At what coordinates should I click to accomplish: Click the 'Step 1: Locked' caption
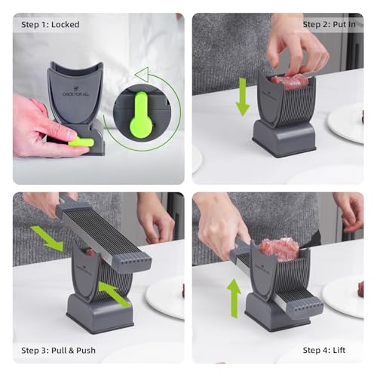pyautogui.click(x=51, y=25)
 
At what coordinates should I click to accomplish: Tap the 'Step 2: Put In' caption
pyautogui.click(x=329, y=25)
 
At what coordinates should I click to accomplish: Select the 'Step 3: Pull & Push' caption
pyautogui.click(x=58, y=350)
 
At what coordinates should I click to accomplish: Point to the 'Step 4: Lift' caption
pyautogui.click(x=324, y=350)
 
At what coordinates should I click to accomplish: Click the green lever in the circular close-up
pyautogui.click(x=141, y=115)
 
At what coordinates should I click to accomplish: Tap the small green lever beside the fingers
pyautogui.click(x=81, y=142)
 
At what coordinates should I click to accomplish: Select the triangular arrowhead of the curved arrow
pyautogui.click(x=142, y=75)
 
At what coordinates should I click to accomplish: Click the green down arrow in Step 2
pyautogui.click(x=242, y=97)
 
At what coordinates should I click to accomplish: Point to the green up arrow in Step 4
pyautogui.click(x=234, y=299)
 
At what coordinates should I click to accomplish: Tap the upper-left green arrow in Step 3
pyautogui.click(x=48, y=238)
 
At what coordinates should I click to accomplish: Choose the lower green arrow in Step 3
pyautogui.click(x=114, y=294)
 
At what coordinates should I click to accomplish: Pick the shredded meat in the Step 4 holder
pyautogui.click(x=280, y=248)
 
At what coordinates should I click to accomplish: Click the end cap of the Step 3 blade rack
pyautogui.click(x=132, y=263)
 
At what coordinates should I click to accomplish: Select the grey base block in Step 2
pyautogui.click(x=284, y=139)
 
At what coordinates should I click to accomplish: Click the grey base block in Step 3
pyautogui.click(x=100, y=313)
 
